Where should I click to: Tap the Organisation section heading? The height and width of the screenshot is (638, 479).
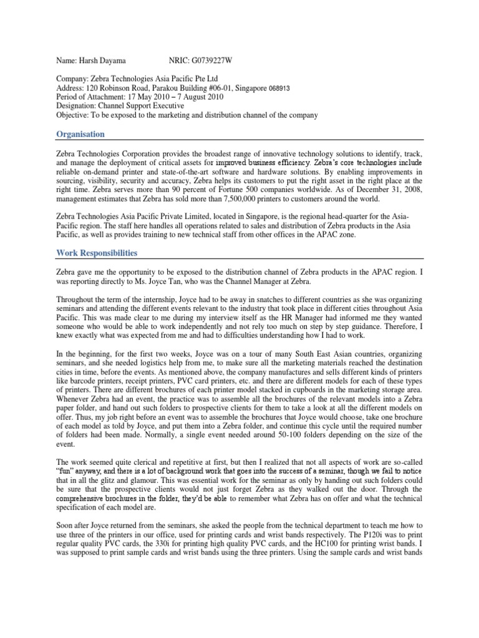click(x=80, y=135)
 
